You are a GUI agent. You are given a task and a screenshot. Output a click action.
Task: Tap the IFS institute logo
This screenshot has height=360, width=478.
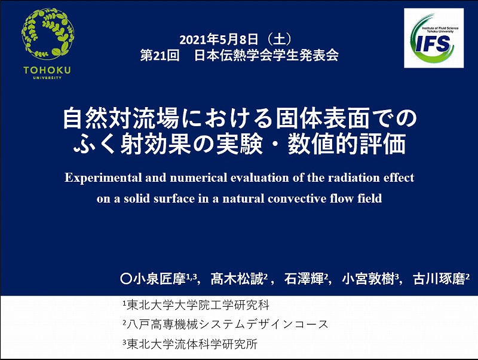[434, 38]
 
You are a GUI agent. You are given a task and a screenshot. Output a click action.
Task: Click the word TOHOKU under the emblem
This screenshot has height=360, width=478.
[47, 71]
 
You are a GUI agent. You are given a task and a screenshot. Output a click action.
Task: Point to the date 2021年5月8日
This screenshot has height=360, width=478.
[219, 39]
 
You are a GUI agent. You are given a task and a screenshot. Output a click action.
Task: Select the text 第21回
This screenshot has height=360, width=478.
[160, 55]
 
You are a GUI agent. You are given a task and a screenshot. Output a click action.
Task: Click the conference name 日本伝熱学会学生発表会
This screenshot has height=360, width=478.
[266, 55]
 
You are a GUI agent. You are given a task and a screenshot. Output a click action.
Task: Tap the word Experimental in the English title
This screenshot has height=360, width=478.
[103, 178]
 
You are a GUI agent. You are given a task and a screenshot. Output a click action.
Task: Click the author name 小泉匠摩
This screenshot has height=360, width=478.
[160, 279]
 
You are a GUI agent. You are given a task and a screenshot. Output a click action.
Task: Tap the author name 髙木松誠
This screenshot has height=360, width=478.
[237, 279]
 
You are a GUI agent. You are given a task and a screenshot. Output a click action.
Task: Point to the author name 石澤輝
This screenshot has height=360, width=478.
[304, 279]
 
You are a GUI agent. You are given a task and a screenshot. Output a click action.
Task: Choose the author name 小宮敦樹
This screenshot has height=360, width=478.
[368, 279]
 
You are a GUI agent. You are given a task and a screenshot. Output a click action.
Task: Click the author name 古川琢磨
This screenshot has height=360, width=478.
[439, 279]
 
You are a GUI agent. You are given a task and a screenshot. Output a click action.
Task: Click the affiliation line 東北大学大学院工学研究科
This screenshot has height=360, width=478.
[198, 305]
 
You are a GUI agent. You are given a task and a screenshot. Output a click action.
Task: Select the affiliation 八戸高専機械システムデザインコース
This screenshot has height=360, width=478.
[228, 324]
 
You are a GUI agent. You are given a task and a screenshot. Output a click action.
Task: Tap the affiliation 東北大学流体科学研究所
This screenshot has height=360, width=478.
[192, 344]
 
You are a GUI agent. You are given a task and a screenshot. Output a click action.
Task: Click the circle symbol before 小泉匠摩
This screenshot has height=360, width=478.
[125, 279]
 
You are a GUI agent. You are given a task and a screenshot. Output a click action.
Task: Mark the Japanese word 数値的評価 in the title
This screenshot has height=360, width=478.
[347, 144]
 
